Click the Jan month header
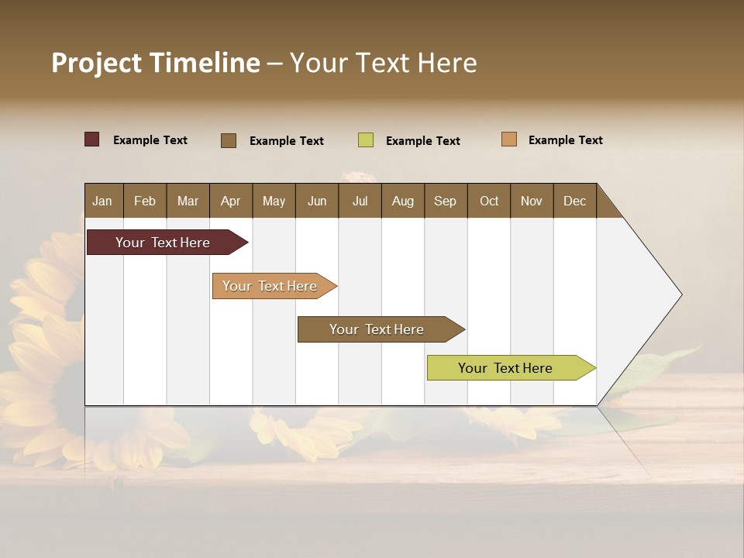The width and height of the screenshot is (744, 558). coord(102,201)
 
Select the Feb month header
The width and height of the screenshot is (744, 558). coord(145,201)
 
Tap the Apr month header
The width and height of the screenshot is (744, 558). coord(230,201)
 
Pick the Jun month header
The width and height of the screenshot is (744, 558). coord(317,201)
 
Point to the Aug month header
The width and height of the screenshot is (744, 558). coord(402,201)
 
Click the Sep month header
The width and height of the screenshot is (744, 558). coord(445,201)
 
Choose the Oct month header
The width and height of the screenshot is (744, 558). coord(489,201)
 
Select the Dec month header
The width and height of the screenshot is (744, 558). coord(574,201)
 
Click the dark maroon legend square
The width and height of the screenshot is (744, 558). coord(92,139)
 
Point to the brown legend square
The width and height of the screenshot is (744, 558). coord(229,140)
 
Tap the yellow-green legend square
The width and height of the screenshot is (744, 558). coord(366,140)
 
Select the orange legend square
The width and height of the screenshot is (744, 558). coord(509,139)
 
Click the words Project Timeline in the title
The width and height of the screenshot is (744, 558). coord(156,63)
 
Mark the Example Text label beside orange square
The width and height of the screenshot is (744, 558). coord(565,140)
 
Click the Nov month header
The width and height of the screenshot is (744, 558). coord(531,201)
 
